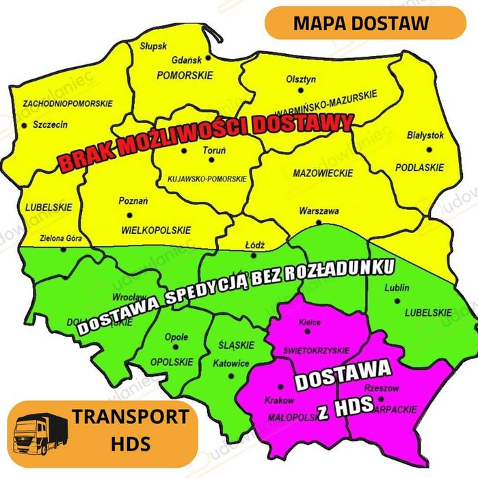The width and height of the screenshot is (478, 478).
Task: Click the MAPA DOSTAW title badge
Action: coord(361,23)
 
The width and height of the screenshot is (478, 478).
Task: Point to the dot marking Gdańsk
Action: coord(208,57)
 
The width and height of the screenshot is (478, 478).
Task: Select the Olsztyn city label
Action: coord(301,79)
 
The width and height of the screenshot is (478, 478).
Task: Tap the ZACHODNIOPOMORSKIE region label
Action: coord(67,103)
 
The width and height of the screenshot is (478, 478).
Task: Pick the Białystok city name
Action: coord(425,135)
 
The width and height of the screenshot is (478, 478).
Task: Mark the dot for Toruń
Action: coord(211,160)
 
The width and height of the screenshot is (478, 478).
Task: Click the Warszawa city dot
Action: coord(319,222)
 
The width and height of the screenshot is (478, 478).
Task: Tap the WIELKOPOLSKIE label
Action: coord(155,230)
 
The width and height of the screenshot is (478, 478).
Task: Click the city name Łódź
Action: coord(254,244)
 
